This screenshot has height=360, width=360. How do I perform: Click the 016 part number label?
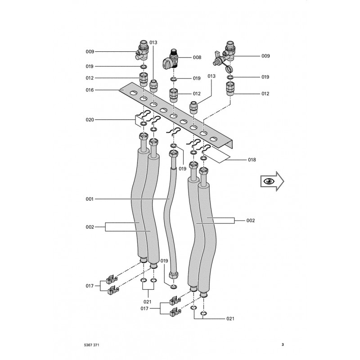(90, 90)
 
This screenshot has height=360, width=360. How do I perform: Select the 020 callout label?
(90, 120)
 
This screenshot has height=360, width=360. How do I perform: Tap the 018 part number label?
(252, 160)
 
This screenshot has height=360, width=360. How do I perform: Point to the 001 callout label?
(90, 199)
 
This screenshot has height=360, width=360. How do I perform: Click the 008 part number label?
(197, 58)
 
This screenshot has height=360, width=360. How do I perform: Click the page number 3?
(282, 345)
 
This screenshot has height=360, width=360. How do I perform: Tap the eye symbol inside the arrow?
(269, 181)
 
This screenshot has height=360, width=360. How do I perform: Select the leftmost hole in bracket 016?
(133, 94)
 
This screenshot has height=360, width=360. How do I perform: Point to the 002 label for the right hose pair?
(251, 220)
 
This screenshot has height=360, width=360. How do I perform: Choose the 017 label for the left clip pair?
(90, 285)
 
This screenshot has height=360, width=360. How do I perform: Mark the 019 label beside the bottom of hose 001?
(164, 261)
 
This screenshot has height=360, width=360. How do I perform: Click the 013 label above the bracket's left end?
(153, 42)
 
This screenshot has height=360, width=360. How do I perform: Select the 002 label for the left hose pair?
(90, 227)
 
